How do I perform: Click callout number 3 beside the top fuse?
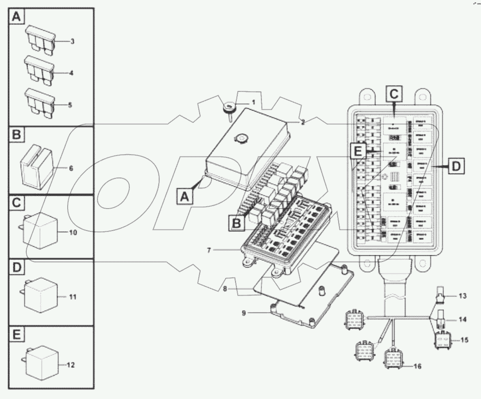(x=72, y=42)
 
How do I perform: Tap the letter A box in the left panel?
(x=16, y=18)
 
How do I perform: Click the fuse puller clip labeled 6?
(x=36, y=167)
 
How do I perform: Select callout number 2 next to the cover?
(x=302, y=122)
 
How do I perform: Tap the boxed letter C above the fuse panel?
(x=394, y=94)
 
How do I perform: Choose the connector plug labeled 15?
(x=442, y=340)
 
